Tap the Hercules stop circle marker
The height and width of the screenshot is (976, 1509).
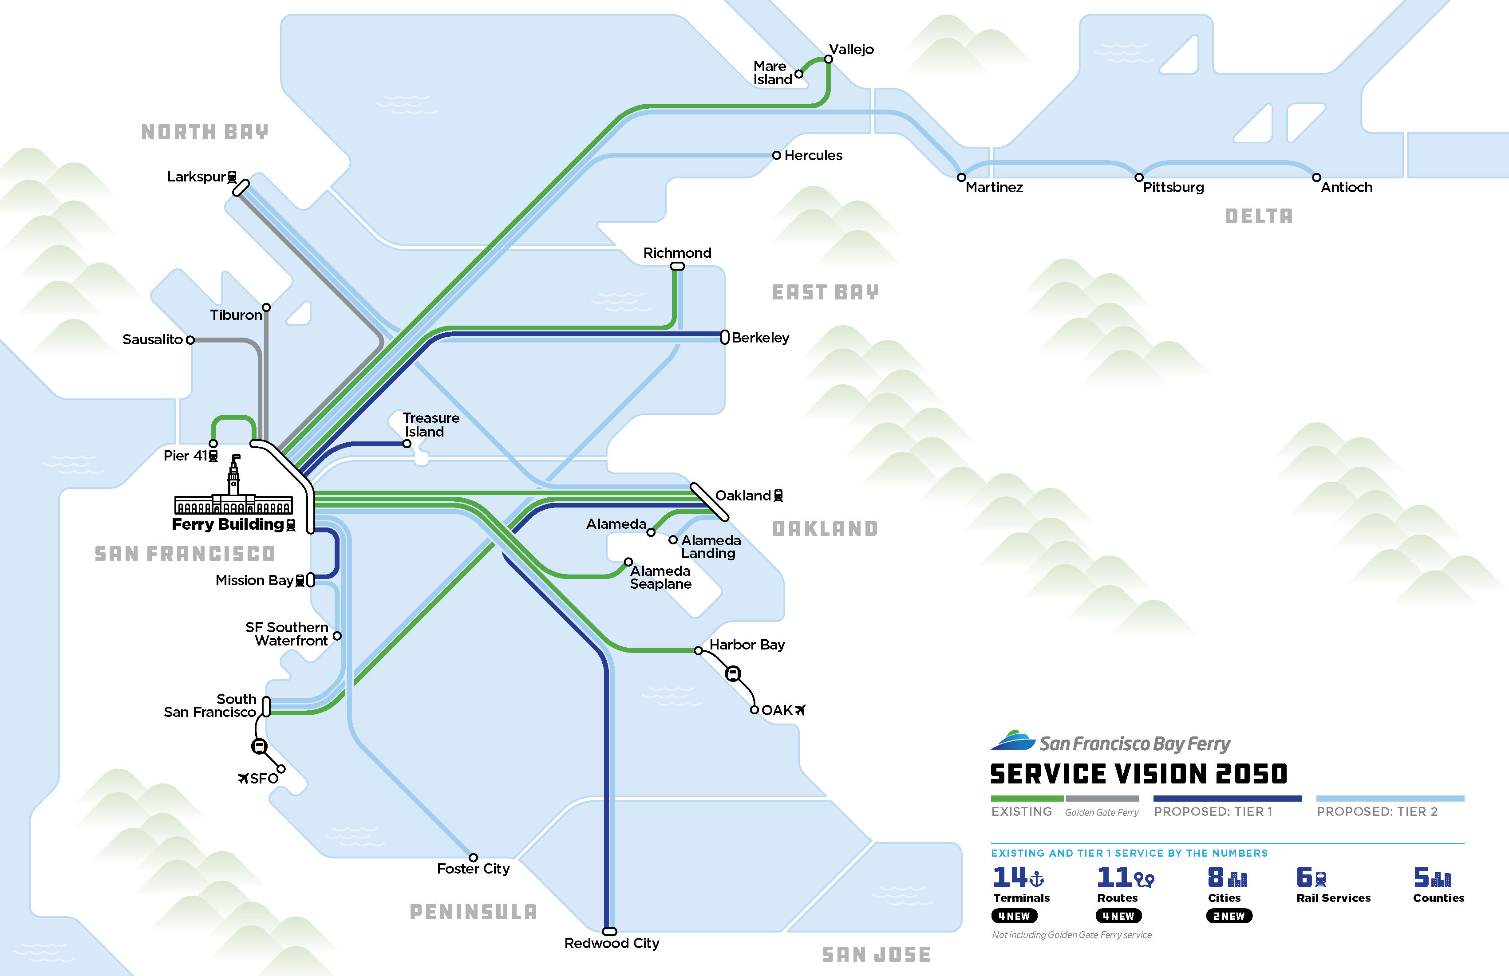pos(776,155)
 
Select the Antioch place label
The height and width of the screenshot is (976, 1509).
pos(1346,188)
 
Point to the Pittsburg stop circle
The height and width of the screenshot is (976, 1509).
pos(1139,177)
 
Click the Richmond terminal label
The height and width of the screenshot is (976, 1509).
pos(677,253)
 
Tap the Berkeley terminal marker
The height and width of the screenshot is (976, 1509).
pos(725,338)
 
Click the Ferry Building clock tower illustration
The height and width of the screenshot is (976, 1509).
pos(234,476)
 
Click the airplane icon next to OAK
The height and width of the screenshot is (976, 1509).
pos(800,710)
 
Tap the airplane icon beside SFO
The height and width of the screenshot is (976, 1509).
pos(243,778)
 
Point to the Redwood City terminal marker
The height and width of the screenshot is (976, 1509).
pos(609,932)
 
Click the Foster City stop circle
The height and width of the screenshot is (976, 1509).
pos(473,858)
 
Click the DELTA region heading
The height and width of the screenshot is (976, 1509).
pos(1259,216)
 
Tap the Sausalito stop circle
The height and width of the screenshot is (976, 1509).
pos(190,340)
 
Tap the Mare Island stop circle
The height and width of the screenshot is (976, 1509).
pos(799,74)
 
